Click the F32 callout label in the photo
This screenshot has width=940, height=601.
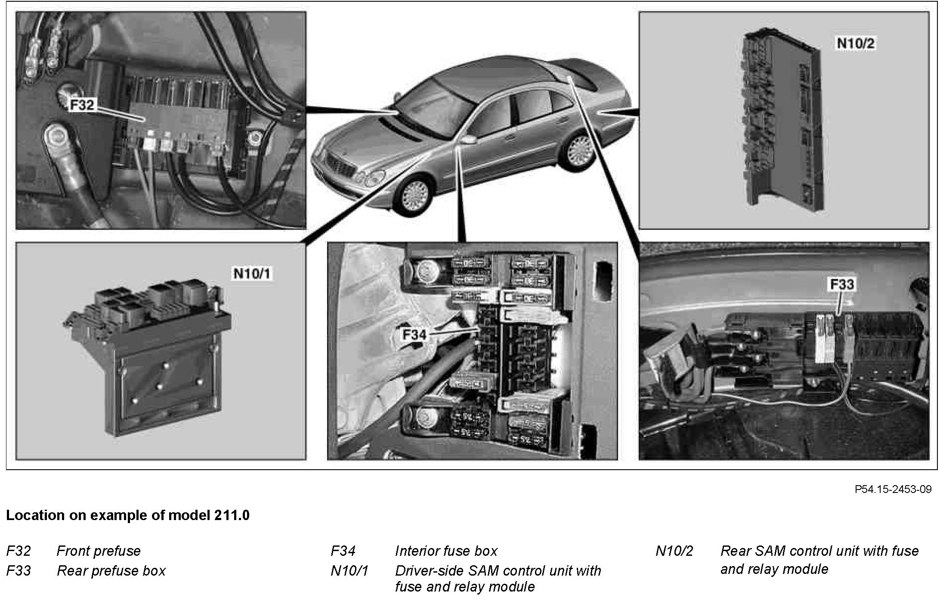(82, 105)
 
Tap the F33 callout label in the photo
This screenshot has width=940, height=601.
(842, 284)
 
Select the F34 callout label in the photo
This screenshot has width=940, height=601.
(414, 335)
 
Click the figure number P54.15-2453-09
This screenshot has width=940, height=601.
(893, 489)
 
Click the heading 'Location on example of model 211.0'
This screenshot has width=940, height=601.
(128, 515)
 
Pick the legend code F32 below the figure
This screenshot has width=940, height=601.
(19, 551)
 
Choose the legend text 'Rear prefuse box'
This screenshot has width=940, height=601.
(111, 571)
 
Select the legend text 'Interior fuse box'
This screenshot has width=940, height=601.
(446, 551)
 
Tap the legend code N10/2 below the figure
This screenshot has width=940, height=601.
(674, 551)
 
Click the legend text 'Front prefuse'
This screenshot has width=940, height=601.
(99, 551)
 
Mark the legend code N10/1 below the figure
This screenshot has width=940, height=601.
(349, 571)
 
